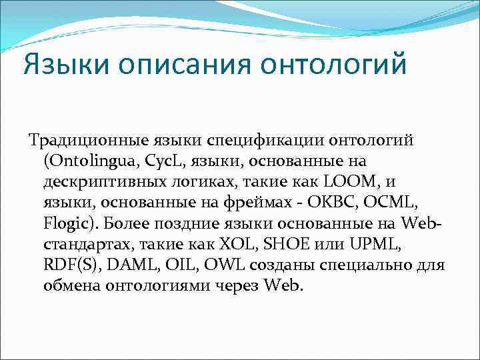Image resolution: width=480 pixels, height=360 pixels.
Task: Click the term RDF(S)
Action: point(68,265)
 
